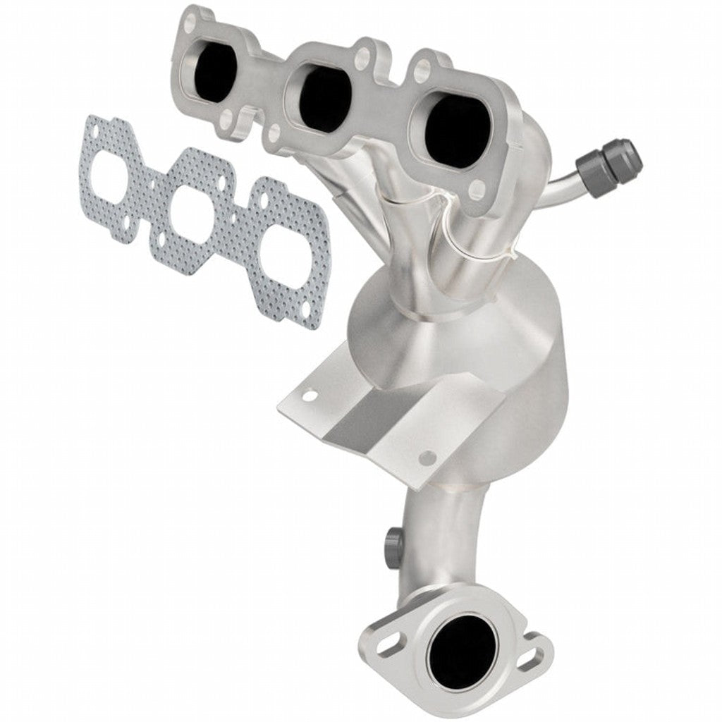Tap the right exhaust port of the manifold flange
(x=456, y=131)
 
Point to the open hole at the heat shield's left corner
(x=308, y=397)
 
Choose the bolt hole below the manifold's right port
(x=478, y=187)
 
